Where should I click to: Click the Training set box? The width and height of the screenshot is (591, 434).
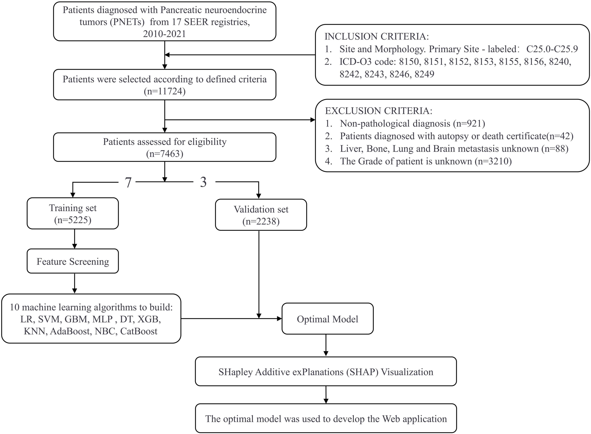[x=73, y=213]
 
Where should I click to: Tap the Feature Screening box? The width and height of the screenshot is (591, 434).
[x=73, y=261]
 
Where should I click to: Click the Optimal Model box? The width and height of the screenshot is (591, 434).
[x=327, y=319]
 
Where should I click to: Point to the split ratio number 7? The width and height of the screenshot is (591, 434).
[x=128, y=182]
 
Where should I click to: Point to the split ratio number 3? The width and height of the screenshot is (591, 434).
[x=203, y=182]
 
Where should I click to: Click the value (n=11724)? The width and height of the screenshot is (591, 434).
[x=165, y=91]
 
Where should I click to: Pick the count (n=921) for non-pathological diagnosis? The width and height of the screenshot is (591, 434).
[x=469, y=124]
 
